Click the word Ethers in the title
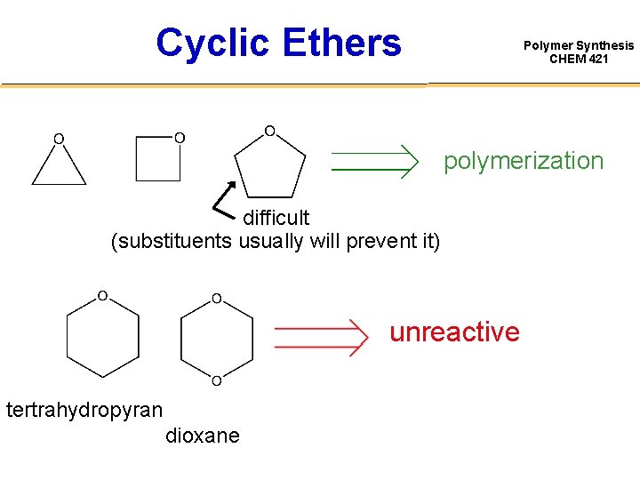[x=342, y=42]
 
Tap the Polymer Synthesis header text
[x=579, y=45]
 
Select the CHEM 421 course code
[x=579, y=60]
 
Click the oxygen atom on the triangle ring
[x=58, y=139]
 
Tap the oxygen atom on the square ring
[x=180, y=138]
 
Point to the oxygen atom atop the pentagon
[x=269, y=132]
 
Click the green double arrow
[x=374, y=161]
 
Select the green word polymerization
[x=524, y=161]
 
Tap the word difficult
[x=276, y=218]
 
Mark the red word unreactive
[x=454, y=332]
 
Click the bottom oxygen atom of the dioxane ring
[x=216, y=381]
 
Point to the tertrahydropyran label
[x=84, y=410]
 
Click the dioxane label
[x=202, y=436]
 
